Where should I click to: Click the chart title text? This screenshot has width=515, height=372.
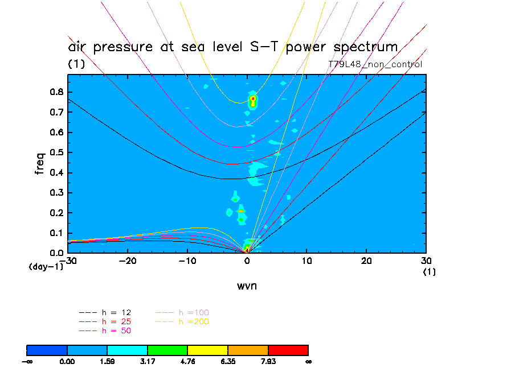click(x=232, y=47)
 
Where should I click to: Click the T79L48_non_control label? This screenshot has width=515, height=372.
click(x=375, y=64)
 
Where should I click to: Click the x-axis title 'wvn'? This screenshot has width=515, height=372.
click(x=247, y=286)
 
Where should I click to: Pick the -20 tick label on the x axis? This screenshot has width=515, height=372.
click(x=126, y=261)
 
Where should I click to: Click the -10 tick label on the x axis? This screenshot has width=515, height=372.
click(x=186, y=261)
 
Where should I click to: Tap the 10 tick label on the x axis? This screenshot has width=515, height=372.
click(x=306, y=261)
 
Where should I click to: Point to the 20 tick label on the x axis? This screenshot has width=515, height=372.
click(x=366, y=261)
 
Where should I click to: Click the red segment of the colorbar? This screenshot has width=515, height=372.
click(x=288, y=349)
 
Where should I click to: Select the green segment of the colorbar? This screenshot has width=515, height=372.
click(x=167, y=349)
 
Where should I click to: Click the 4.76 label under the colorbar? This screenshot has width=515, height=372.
click(x=187, y=361)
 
